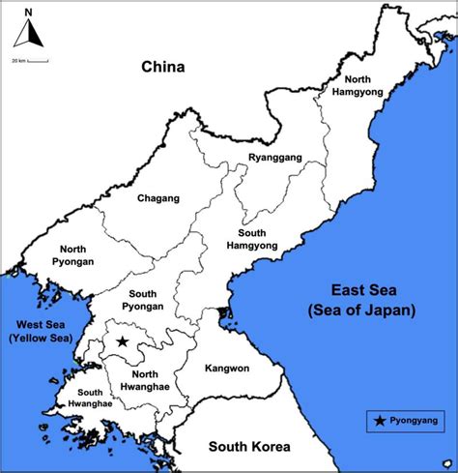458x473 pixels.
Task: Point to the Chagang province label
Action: (158, 198)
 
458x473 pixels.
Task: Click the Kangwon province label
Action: (228, 369)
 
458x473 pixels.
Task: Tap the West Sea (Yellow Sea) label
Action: (35, 332)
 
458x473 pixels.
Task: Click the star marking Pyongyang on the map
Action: (123, 341)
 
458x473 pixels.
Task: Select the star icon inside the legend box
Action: (378, 421)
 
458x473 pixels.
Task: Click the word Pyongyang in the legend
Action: (413, 421)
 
